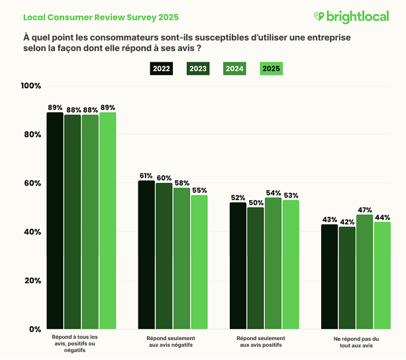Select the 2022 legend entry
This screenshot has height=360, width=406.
pos(161,68)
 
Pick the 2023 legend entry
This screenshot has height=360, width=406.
pos(197,68)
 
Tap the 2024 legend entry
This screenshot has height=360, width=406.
pos(234,68)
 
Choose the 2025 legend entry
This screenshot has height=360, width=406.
pos(271,68)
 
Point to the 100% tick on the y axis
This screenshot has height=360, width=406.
pos(31,86)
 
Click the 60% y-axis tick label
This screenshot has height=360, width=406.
pos(31,183)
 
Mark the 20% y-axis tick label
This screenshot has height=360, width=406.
pos(31,280)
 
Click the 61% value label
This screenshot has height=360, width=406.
pos(146,176)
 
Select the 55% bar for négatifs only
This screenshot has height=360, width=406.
pos(199,262)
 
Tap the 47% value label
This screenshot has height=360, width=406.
pos(365,210)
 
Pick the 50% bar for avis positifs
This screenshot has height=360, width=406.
pos(256,269)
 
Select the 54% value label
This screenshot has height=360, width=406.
pos(274,192)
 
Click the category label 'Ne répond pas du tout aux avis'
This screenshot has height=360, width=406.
pos(356,342)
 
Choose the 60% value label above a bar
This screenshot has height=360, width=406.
pos(164,178)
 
